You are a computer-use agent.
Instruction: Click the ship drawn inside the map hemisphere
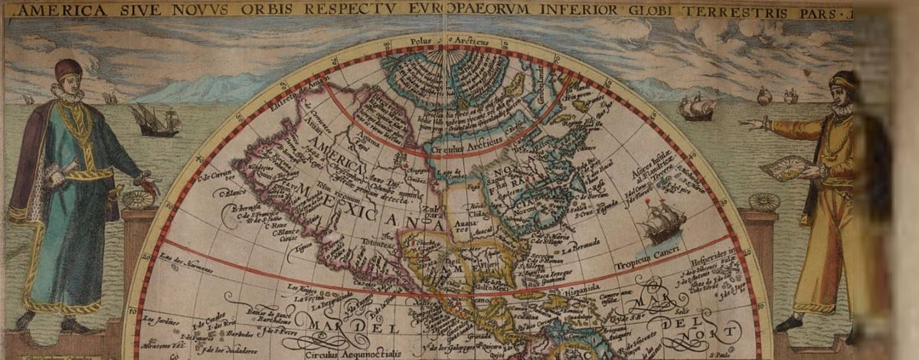[662, 223]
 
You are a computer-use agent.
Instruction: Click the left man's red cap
[67, 70]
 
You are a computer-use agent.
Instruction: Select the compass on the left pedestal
[139, 200]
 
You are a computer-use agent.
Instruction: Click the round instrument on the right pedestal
[764, 202]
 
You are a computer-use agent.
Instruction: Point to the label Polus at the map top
[420, 39]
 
